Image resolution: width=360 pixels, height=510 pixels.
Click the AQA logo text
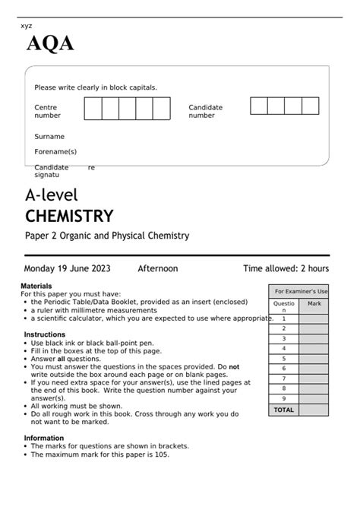click(x=51, y=46)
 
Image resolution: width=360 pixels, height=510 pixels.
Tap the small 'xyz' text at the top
click(x=27, y=25)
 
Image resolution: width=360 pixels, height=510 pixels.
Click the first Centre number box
click(x=92, y=109)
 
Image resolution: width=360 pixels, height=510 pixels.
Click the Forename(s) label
click(x=55, y=152)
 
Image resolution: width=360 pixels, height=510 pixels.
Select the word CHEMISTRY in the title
click(x=69, y=216)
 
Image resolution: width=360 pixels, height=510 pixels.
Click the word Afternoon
click(x=157, y=268)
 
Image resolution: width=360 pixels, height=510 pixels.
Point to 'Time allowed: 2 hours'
click(x=286, y=268)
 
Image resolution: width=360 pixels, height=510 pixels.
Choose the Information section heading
click(x=43, y=438)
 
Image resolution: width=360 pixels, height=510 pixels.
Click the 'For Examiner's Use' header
click(x=301, y=291)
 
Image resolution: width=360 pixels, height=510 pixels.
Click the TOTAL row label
click(x=284, y=410)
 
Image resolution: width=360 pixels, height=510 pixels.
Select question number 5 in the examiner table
click(x=284, y=358)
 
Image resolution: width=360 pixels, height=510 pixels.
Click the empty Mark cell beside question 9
click(x=314, y=398)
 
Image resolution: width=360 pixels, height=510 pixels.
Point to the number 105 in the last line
click(x=156, y=455)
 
